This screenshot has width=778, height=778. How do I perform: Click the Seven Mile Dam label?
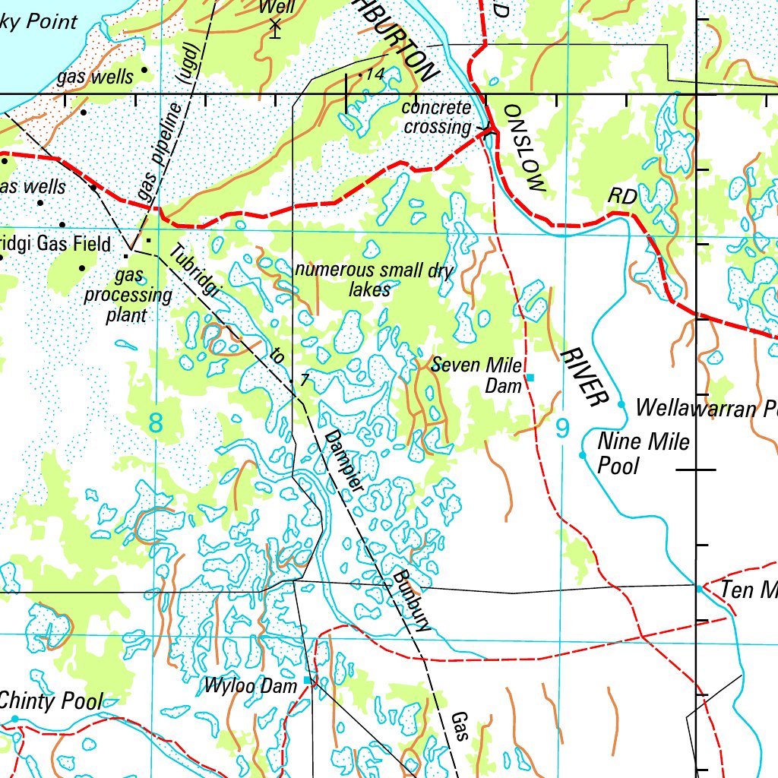click(x=477, y=375)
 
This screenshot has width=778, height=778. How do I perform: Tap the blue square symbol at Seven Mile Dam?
click(x=530, y=378)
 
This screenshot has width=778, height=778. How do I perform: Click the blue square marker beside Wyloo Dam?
click(x=308, y=679)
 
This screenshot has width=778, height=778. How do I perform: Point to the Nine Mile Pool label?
click(x=644, y=453)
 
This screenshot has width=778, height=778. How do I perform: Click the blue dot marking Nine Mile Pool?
click(x=583, y=455)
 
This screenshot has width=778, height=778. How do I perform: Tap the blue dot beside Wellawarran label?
click(x=621, y=404)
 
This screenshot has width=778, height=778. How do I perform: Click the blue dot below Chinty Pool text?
click(x=14, y=719)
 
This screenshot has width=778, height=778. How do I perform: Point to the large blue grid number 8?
click(x=156, y=422)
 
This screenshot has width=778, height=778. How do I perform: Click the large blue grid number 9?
click(x=561, y=429)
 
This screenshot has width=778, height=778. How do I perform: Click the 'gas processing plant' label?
click(x=127, y=295)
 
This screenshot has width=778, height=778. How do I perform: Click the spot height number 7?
click(x=303, y=380)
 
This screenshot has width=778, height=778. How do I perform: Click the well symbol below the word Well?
click(x=275, y=29)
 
